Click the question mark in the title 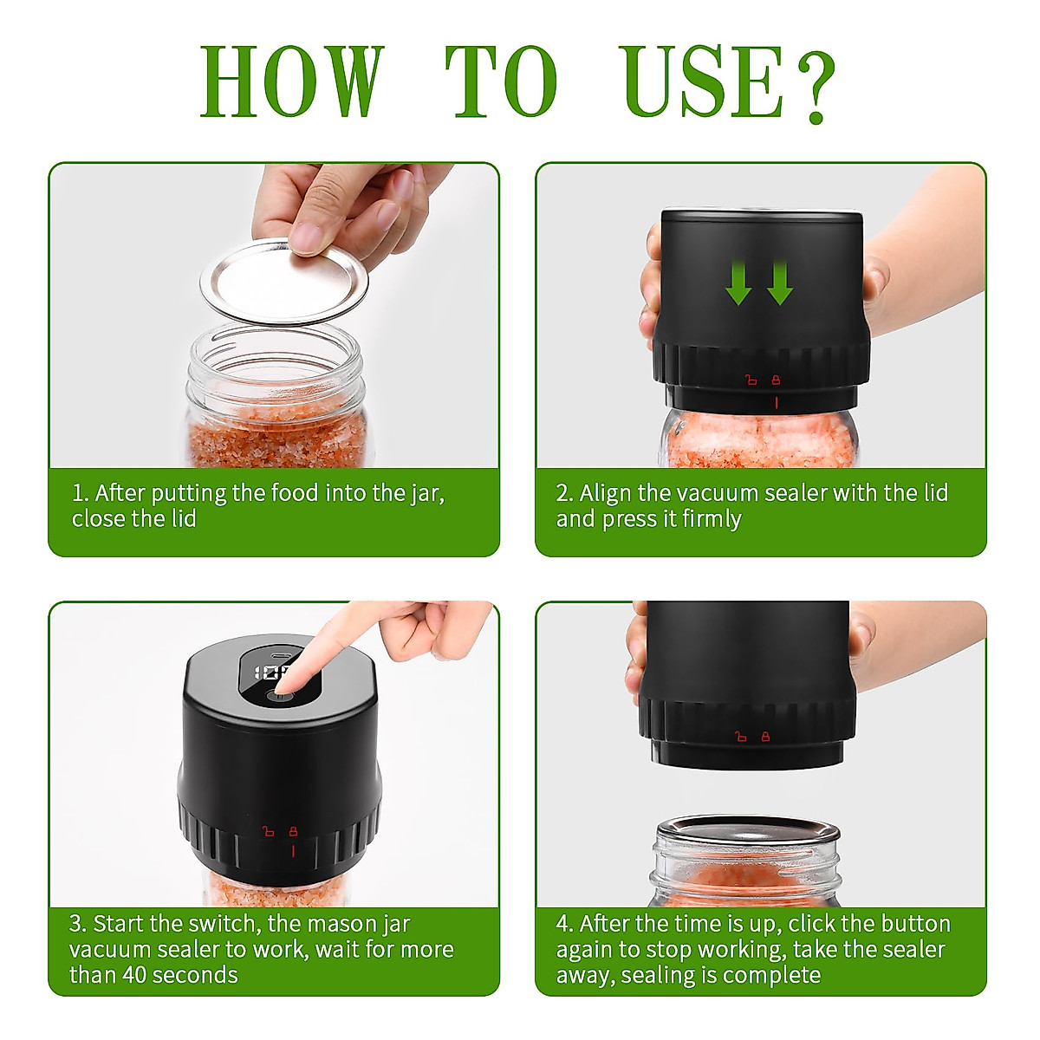[x=816, y=87]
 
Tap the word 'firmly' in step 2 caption [x=712, y=519]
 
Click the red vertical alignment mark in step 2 [x=776, y=402]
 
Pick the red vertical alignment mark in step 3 [x=293, y=851]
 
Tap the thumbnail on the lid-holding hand [x=304, y=235]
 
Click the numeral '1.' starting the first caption [x=80, y=493]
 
